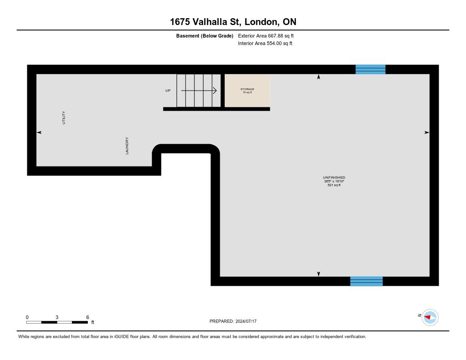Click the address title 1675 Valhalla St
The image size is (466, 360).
(x=233, y=22)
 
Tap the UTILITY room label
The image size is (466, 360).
(x=64, y=118)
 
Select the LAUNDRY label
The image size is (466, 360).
(x=127, y=146)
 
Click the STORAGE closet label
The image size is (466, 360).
(x=247, y=89)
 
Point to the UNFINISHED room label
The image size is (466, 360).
(x=334, y=177)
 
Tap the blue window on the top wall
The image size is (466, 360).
(x=370, y=69)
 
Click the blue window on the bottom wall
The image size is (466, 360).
(x=366, y=281)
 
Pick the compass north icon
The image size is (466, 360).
(x=430, y=317)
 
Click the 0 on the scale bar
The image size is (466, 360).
(x=27, y=317)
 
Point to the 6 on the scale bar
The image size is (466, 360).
(x=87, y=317)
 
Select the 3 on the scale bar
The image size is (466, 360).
(x=57, y=317)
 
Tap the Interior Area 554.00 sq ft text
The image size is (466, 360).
(x=265, y=44)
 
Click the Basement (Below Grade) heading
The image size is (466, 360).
(x=205, y=35)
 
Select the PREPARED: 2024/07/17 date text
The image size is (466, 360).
(x=236, y=321)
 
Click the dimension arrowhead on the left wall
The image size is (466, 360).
(x=39, y=132)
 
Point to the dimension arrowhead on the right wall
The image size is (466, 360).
(x=426, y=132)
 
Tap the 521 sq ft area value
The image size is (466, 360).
(x=334, y=185)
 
